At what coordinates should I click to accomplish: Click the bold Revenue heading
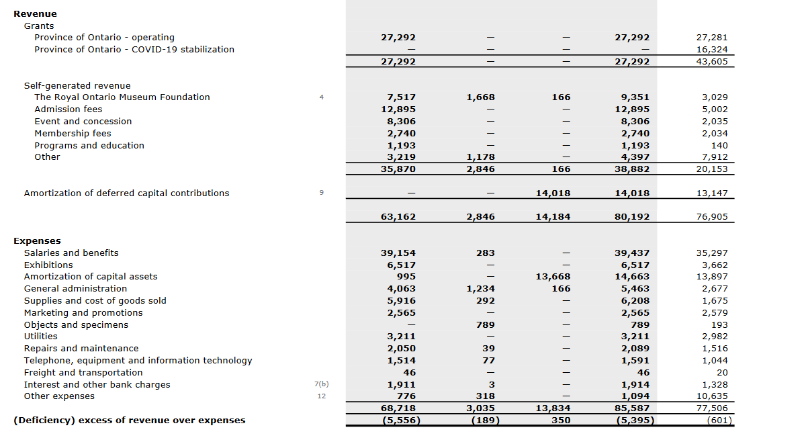[x=35, y=13]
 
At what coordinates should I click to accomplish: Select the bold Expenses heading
[x=37, y=240]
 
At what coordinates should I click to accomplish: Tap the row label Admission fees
[x=69, y=109]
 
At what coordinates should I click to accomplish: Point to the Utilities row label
[x=41, y=336]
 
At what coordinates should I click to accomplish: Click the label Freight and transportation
[x=83, y=372]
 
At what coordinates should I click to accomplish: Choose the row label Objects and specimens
[x=76, y=324]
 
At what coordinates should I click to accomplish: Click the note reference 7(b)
[x=321, y=384]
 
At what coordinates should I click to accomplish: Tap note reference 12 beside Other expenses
[x=321, y=396]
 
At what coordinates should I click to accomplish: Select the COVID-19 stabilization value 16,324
[x=712, y=49]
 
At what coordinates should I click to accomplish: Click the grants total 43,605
[x=712, y=61]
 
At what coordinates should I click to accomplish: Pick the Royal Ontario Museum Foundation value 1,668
[x=480, y=97]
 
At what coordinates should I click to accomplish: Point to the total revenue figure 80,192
[x=632, y=217]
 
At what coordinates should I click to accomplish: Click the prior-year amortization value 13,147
[x=712, y=193]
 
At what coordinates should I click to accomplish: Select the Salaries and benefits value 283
[x=485, y=253]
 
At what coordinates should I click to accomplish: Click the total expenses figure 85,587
[x=632, y=408]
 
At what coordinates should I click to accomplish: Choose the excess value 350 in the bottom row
[x=560, y=420]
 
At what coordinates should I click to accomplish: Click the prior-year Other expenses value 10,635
[x=712, y=396]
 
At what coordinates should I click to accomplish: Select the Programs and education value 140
[x=719, y=145]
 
